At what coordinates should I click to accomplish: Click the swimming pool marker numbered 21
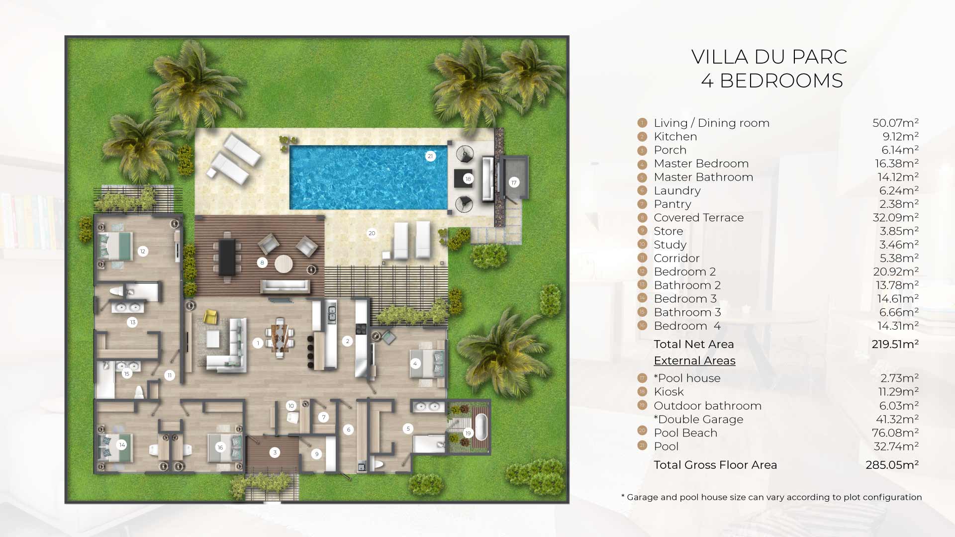430,156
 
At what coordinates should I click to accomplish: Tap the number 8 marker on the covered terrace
262,263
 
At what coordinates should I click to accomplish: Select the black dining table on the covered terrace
227,257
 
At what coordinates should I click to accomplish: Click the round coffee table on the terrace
284,264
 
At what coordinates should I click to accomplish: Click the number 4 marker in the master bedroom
415,363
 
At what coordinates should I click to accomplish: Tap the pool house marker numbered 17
514,182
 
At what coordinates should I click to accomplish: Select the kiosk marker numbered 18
468,179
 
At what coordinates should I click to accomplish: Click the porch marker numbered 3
275,452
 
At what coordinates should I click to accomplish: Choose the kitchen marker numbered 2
347,341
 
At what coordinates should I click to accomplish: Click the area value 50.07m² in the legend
895,123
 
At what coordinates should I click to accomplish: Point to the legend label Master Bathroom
703,177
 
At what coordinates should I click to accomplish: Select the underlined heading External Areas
694,360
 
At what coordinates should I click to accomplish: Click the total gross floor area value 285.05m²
892,465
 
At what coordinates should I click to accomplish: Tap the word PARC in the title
819,57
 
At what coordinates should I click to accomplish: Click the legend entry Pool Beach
685,433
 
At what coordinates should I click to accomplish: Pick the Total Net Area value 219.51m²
895,344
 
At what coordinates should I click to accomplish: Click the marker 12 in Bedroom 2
142,251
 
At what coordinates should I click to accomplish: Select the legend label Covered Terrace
699,218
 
